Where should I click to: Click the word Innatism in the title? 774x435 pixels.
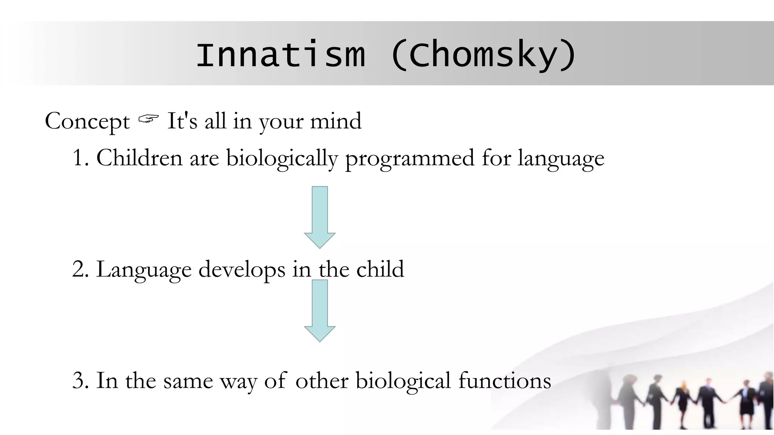tap(280, 56)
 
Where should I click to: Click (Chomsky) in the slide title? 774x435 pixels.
tap(483, 56)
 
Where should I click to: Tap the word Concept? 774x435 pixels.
tap(87, 122)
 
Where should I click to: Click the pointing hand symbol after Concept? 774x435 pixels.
tap(148, 120)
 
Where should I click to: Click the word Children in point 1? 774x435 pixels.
tap(139, 157)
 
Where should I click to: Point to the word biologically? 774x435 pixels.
tap(281, 158)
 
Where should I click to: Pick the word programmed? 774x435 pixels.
tap(409, 158)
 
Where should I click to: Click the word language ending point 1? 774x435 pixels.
tap(561, 158)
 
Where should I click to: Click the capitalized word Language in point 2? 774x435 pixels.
tap(144, 270)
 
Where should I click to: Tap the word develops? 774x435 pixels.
tap(242, 270)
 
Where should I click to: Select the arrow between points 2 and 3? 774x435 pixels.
tap(320, 310)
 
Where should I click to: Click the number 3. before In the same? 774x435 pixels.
tap(80, 380)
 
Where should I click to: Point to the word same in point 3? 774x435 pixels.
tap(188, 381)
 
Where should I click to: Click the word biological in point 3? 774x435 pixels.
tap(403, 380)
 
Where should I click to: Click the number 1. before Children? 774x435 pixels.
tap(80, 158)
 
